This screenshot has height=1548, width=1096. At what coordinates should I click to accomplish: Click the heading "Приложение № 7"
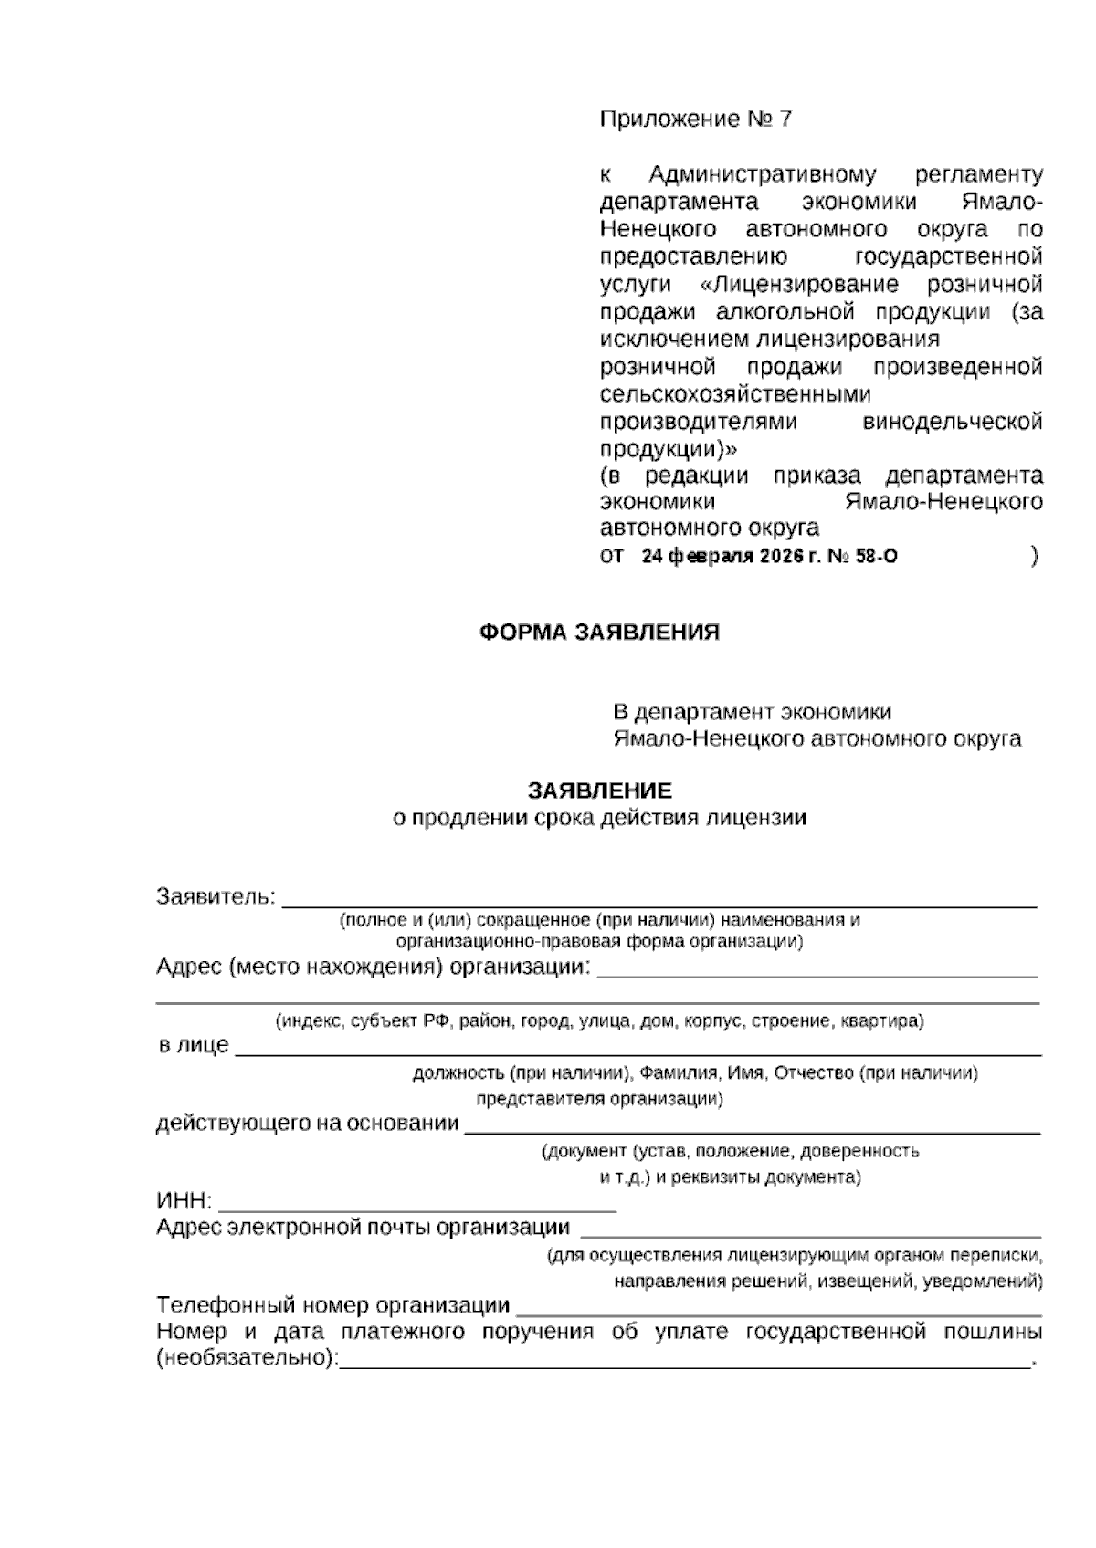click(696, 120)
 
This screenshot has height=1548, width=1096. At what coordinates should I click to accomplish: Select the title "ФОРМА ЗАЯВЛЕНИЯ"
click(599, 633)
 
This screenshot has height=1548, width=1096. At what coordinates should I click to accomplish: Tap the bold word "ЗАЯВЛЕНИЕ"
click(599, 790)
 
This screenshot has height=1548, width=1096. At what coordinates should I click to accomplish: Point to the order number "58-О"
click(875, 557)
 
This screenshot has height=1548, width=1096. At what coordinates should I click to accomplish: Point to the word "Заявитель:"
click(216, 896)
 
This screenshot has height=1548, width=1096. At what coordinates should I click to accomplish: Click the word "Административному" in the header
click(763, 174)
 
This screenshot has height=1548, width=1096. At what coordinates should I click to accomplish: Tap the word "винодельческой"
click(953, 423)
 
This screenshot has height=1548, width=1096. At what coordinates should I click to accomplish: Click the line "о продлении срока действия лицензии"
click(599, 818)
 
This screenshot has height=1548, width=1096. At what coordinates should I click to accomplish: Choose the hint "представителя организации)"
click(599, 1099)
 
